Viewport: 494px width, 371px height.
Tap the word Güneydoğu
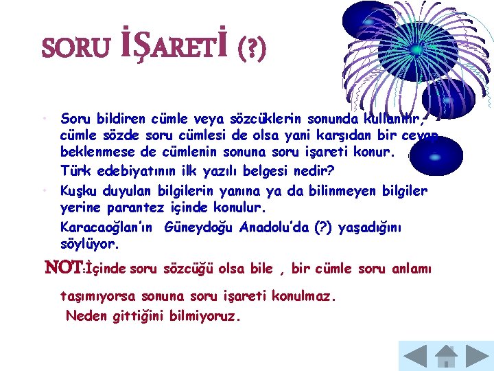pyautogui.click(x=200, y=227)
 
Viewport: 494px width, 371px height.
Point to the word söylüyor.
pyautogui.click(x=90, y=245)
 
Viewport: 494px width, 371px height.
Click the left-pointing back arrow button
pyautogui.click(x=414, y=356)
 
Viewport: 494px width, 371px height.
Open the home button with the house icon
pyautogui.click(x=446, y=356)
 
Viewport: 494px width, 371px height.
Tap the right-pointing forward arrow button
pyautogui.click(x=478, y=356)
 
